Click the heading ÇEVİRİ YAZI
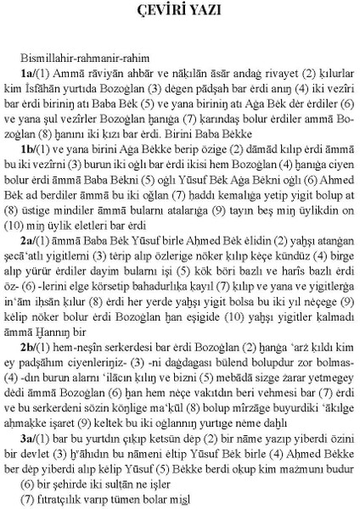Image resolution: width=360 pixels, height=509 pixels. coord(179,12)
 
